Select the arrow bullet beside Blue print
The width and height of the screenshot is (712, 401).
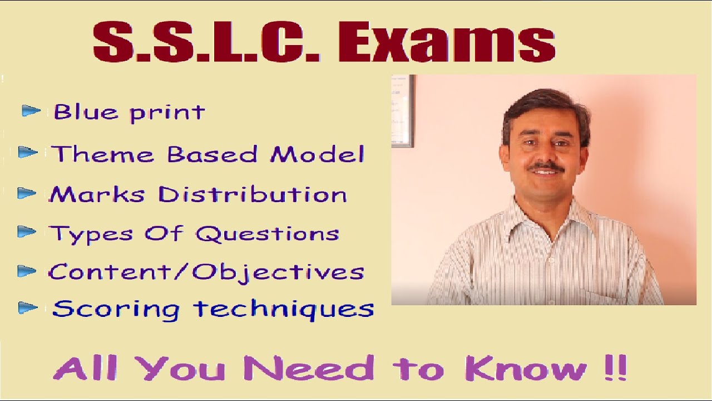pos(31,111)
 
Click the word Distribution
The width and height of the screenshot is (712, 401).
pos(253,194)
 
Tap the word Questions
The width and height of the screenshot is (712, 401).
pos(267,233)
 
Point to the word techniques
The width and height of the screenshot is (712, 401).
pos(284,309)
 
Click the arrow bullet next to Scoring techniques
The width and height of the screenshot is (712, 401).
pos(28,307)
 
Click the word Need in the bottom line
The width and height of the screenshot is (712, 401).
pos(309,368)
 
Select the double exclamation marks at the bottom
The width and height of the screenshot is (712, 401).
pos(614,368)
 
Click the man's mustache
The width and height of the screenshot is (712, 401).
pos(545,167)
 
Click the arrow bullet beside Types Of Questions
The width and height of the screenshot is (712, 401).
pos(27,232)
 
